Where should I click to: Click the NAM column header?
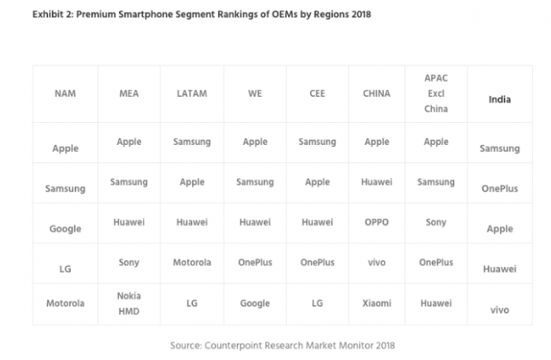(x=65, y=94)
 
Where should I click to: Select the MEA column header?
(x=129, y=94)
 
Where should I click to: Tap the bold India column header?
(x=499, y=99)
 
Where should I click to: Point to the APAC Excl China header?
(x=435, y=94)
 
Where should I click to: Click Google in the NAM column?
(x=65, y=228)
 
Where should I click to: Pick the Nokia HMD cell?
(x=129, y=302)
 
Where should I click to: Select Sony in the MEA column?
(x=129, y=262)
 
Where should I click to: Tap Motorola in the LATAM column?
(x=192, y=262)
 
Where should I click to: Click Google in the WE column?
(x=255, y=302)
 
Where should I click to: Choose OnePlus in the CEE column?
(x=317, y=262)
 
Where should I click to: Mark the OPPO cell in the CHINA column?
(x=377, y=222)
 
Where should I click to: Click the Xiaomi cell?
(x=377, y=302)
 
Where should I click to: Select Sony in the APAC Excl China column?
(x=435, y=222)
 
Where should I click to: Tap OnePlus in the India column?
(x=499, y=188)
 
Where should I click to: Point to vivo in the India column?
(x=499, y=310)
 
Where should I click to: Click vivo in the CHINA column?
(x=377, y=262)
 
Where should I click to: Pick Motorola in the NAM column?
(x=65, y=302)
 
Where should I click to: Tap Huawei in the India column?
(x=499, y=269)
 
